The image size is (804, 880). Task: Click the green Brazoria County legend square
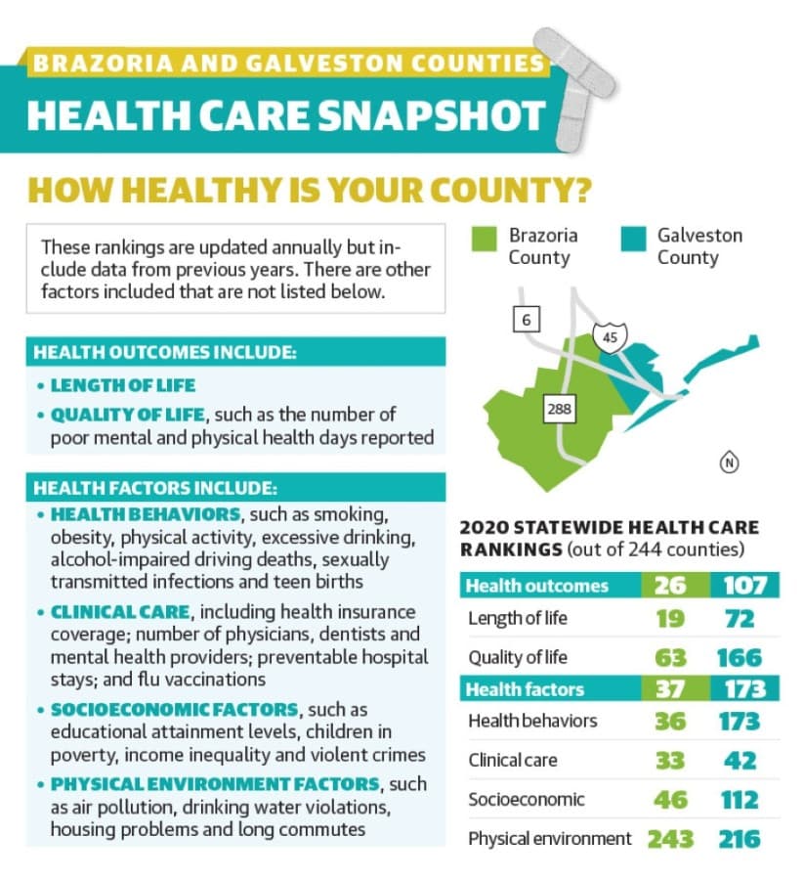(x=484, y=240)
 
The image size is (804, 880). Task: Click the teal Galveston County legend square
(x=634, y=240)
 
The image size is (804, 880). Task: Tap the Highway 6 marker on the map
(x=526, y=320)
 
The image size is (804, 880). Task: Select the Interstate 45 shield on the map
(x=610, y=337)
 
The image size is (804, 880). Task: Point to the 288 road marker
(x=559, y=408)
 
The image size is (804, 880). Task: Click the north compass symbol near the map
(x=729, y=462)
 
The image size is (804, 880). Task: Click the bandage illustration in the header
(x=573, y=88)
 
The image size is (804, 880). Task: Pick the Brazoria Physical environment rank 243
(x=670, y=839)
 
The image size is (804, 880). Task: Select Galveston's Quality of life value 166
(x=739, y=658)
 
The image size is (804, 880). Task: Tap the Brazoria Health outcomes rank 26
(x=670, y=586)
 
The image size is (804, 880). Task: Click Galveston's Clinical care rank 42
(x=741, y=761)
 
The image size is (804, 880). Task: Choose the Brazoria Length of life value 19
(x=670, y=619)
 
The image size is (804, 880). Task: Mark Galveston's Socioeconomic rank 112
(x=740, y=800)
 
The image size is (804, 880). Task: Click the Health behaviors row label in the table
(x=532, y=721)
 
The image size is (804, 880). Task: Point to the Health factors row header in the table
(x=525, y=689)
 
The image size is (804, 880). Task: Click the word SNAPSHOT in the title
(x=432, y=115)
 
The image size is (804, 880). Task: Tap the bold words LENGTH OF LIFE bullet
(x=123, y=385)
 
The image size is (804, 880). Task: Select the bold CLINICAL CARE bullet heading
(x=120, y=611)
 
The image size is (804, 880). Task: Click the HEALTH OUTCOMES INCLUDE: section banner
(x=236, y=352)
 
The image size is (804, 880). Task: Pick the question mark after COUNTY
(x=582, y=190)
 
